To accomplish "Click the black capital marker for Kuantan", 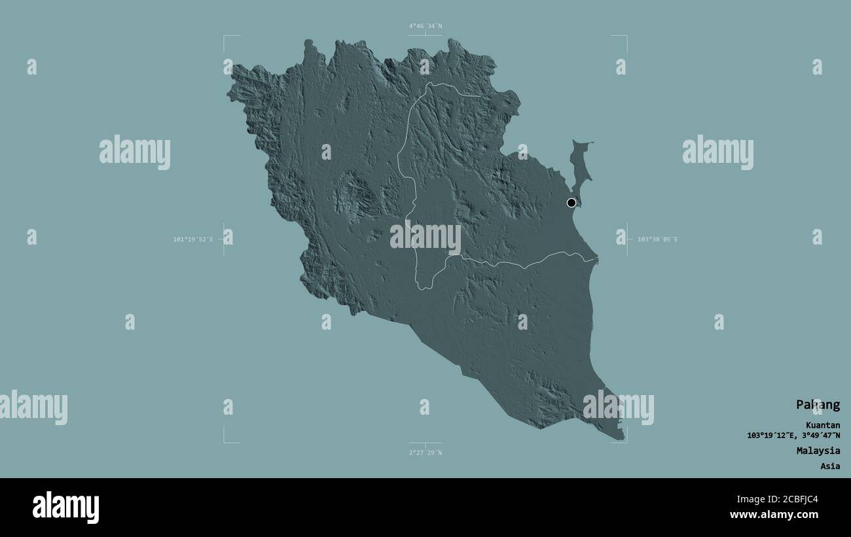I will pos(571,203).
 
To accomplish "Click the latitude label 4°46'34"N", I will pos(425,26).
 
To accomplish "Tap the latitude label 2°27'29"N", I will pos(425,453).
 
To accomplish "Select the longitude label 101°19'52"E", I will pos(193,239).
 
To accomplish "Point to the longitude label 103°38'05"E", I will pos(657,239).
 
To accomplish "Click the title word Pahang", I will pos(818,405).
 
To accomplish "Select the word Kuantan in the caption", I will pos(823,425).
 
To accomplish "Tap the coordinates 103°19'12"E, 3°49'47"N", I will pos(793,435).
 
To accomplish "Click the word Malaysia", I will pos(818,451).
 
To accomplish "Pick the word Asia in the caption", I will pos(830,466).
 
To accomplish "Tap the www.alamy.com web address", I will pos(774,515).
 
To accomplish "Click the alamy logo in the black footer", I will pos(66,508).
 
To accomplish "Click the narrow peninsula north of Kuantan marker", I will pos(580,164).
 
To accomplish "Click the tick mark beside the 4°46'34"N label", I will pos(425,35).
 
